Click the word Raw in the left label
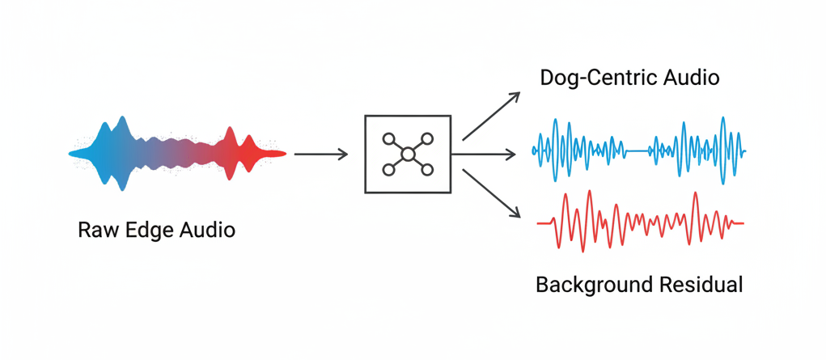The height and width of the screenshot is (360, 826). pyautogui.click(x=95, y=230)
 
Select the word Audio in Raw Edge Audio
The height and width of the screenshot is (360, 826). pyautogui.click(x=206, y=230)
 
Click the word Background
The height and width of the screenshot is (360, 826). pyautogui.click(x=595, y=285)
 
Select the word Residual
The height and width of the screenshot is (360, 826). pyautogui.click(x=701, y=285)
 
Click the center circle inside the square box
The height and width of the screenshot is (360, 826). pyautogui.click(x=408, y=154)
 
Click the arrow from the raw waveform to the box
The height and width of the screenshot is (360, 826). pyautogui.click(x=321, y=153)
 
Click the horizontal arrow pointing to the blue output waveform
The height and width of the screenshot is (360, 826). pyautogui.click(x=483, y=153)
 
